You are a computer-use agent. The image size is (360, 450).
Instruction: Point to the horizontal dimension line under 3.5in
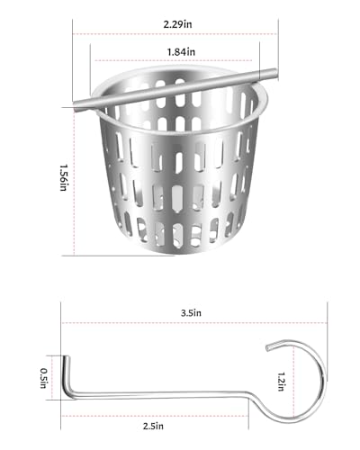pos(191,325)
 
